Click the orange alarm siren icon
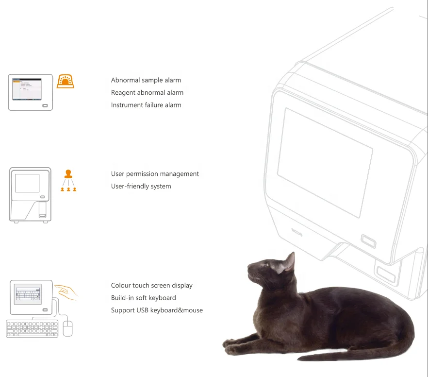(66, 81)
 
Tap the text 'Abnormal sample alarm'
(146, 80)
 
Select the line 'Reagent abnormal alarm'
(147, 92)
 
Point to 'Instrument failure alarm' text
(146, 105)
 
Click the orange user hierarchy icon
(68, 180)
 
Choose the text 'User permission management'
(155, 174)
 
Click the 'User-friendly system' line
(141, 186)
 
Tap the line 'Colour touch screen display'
(151, 286)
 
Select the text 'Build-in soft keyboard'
(143, 298)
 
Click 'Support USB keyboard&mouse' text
(157, 310)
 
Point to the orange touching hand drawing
(66, 291)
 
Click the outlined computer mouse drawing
(67, 328)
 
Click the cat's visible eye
(265, 265)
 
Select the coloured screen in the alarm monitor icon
(27, 88)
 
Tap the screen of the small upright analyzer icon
(27, 183)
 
